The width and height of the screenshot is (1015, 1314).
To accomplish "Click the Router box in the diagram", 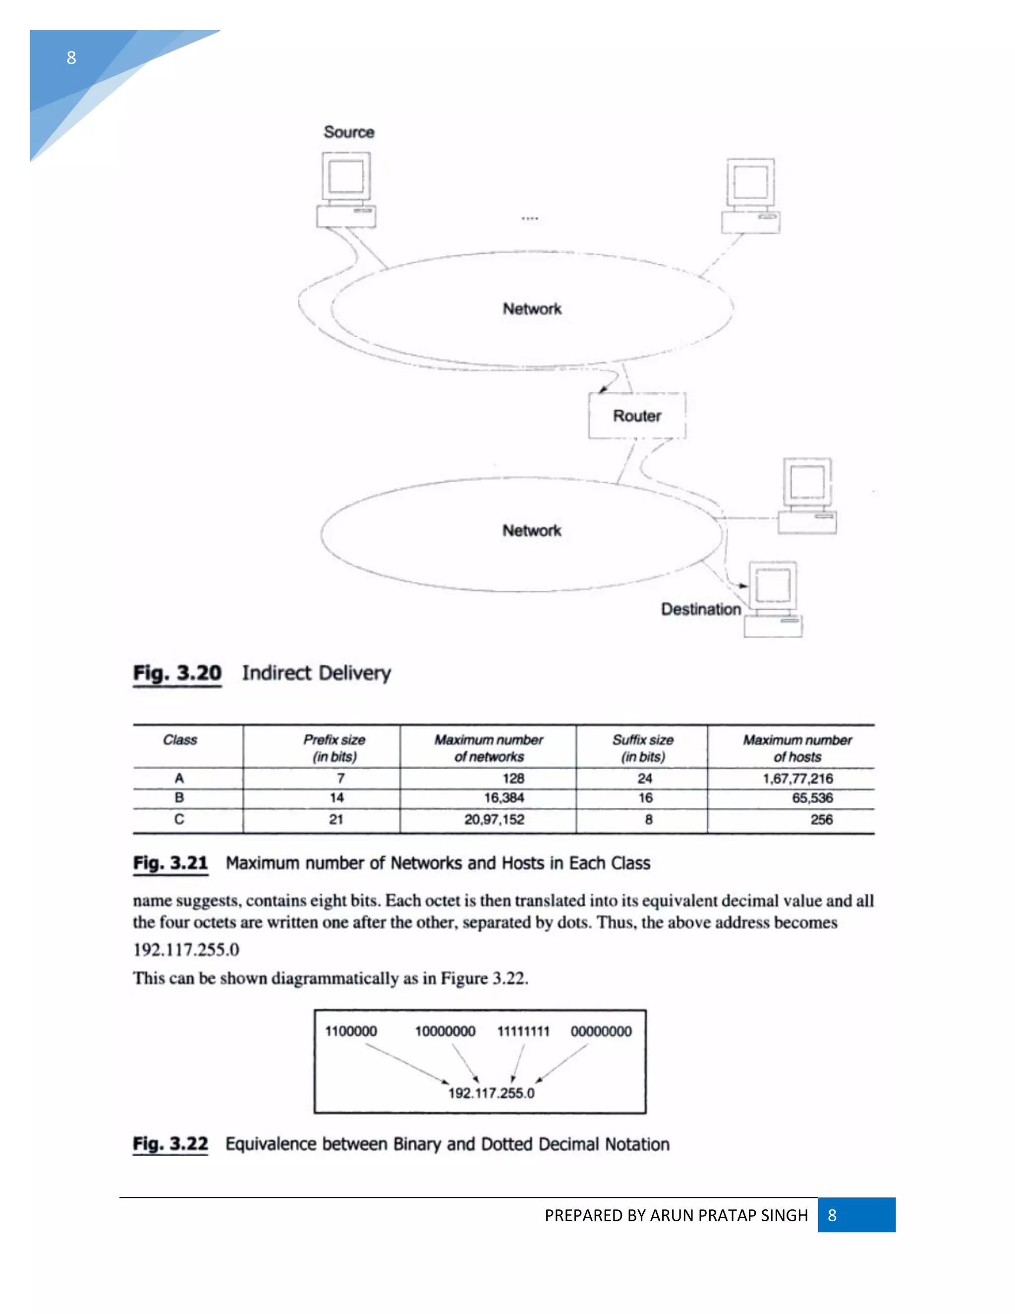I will coord(637,416).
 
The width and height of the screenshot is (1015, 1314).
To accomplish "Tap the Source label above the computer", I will coord(349,132).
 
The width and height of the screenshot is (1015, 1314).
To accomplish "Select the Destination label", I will coord(700,609).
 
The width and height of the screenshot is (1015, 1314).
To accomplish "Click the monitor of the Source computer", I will coord(346,177).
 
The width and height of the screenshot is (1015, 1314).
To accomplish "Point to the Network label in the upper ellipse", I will coord(532,308).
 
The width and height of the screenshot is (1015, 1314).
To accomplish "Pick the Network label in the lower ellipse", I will coord(532,530).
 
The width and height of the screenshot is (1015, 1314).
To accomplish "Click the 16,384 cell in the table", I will coord(504,798).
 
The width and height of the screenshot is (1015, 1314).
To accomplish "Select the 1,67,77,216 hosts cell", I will coord(797,778).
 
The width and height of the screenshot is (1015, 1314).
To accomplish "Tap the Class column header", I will coord(180,740).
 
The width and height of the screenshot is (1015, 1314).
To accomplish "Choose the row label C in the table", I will coord(179,820).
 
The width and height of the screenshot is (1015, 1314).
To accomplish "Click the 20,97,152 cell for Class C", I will coord(494,820).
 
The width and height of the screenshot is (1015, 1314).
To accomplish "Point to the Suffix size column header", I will coord(643,748).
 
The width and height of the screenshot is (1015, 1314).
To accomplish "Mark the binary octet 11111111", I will coord(523,1031).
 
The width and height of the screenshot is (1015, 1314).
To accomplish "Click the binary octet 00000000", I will coord(601,1031).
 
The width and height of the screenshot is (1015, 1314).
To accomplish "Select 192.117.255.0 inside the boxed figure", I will coord(491,1092).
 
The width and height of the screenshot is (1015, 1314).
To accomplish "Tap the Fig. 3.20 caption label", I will coord(177,673).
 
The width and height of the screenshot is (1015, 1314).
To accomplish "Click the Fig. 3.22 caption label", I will coord(171,1144).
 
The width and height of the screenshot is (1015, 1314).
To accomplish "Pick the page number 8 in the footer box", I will coord(832,1215).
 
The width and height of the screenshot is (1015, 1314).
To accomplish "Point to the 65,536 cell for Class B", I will coord(812,798).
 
